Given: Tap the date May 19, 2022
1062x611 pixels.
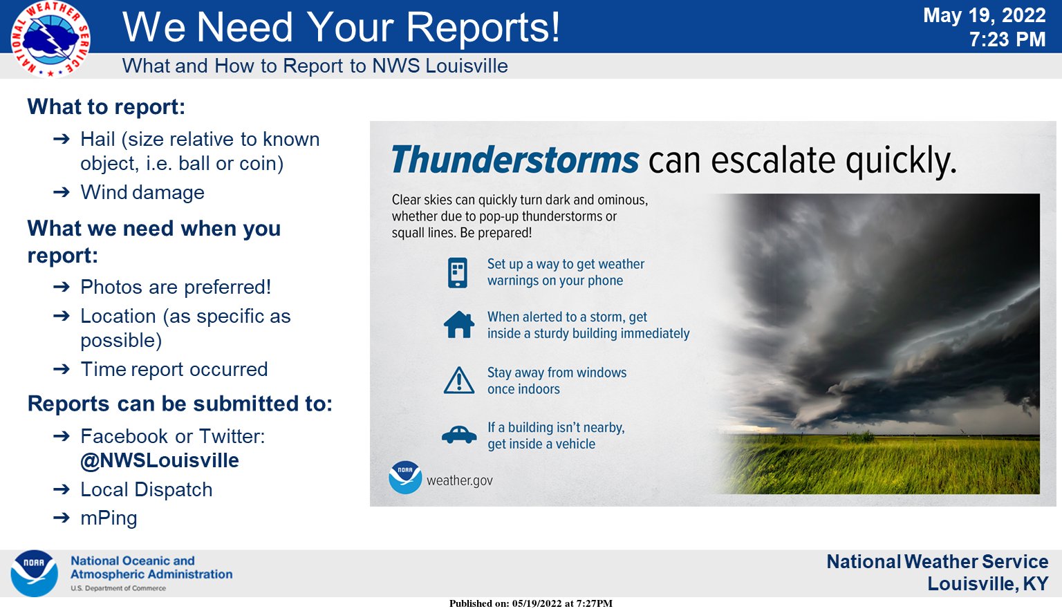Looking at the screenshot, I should tap(984, 15).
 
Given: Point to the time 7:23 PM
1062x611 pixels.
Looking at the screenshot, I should tap(1007, 39).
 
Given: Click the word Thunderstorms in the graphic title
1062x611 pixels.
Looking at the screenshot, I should tap(514, 160).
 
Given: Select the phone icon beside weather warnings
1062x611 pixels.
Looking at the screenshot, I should tap(458, 272).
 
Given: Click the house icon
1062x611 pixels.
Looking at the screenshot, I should tap(459, 324).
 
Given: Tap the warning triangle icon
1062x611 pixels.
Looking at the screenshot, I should tap(458, 380).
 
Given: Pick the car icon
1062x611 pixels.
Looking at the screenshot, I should tap(459, 435).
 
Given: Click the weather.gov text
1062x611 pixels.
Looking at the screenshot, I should tap(459, 480).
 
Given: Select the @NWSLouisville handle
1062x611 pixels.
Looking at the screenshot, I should tap(160, 460).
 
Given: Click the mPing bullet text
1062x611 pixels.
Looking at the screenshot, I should tap(109, 518).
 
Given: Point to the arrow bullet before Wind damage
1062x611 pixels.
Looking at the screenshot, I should tap(62, 192).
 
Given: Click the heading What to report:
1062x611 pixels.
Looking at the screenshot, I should tap(106, 107).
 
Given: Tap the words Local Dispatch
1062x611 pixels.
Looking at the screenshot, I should tap(146, 489).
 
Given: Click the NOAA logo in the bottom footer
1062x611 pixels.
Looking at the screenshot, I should tap(34, 573).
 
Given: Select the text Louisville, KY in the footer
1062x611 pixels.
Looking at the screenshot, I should tap(987, 584).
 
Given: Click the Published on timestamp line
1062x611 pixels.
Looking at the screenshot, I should tap(530, 603).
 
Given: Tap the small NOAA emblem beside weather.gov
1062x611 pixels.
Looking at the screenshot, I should tap(405, 477).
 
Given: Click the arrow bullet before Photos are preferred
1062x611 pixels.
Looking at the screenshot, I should tap(62, 287).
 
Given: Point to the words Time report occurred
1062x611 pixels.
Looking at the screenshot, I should tap(174, 369).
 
